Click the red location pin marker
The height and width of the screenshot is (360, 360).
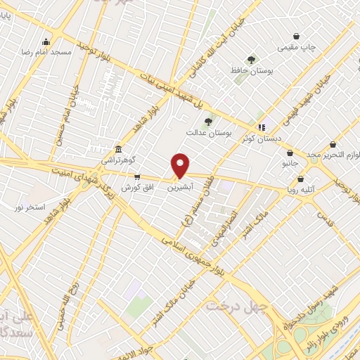tap(181, 165)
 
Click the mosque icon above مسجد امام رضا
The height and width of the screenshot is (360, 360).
tap(46, 41)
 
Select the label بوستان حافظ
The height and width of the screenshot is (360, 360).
tap(251, 70)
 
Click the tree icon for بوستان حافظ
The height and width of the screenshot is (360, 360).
tap(252, 60)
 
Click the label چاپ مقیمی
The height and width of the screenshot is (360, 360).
tap(296, 47)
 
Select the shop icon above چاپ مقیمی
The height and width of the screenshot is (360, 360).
tap(297, 37)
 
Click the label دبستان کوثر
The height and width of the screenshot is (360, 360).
tap(262, 139)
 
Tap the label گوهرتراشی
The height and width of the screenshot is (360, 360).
tap(117, 160)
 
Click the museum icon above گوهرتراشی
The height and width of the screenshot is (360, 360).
tap(117, 150)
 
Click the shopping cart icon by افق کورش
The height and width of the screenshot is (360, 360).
tap(136, 177)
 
